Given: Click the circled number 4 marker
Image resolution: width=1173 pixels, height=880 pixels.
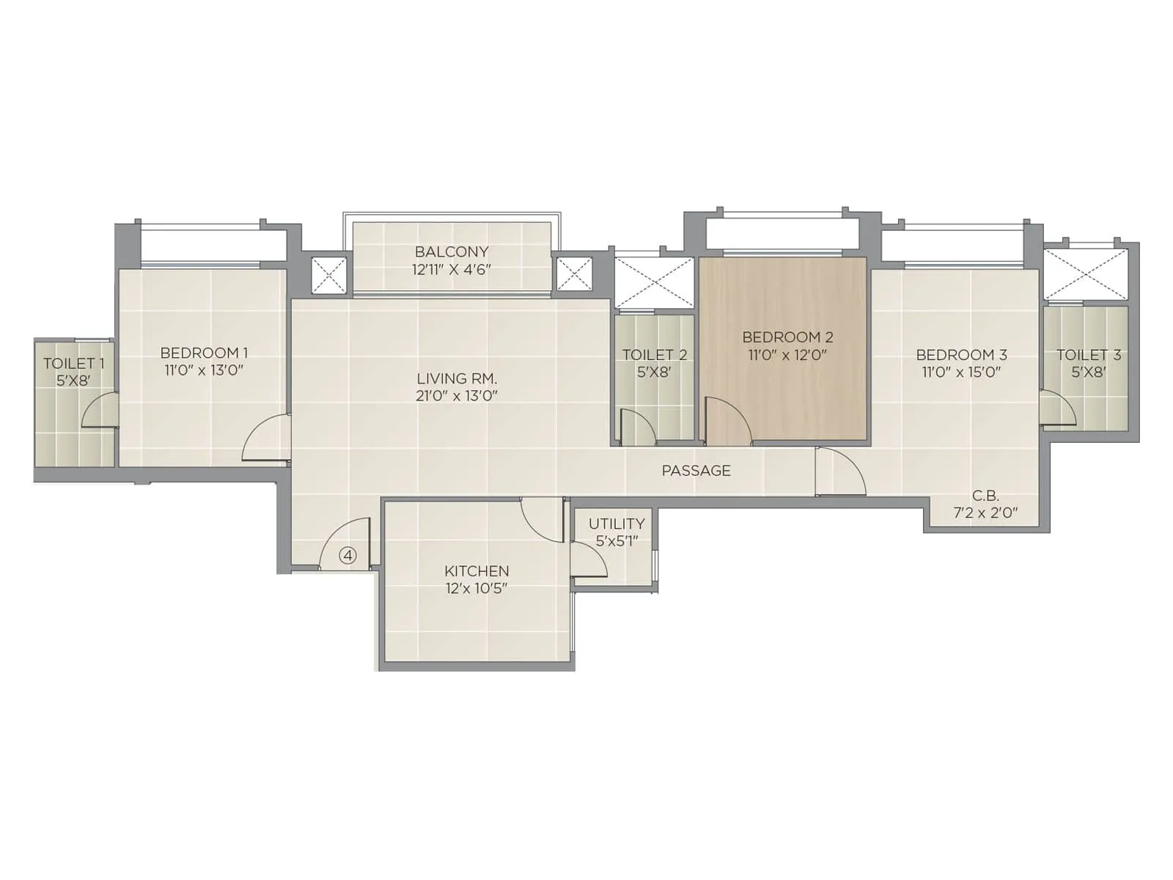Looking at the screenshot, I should [x=348, y=556].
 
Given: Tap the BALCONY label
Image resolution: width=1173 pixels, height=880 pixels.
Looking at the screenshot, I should [x=452, y=252].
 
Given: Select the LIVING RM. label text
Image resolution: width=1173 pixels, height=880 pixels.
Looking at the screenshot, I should [x=457, y=378].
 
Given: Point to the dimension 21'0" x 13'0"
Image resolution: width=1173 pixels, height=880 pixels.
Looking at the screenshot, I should [x=457, y=396].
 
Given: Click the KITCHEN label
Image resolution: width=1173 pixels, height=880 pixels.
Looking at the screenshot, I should [x=477, y=571].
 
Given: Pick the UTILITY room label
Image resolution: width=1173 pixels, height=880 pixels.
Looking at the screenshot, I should [x=617, y=524].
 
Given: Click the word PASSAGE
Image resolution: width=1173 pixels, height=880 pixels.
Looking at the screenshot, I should [x=696, y=471].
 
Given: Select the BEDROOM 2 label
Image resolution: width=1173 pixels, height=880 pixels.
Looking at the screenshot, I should [x=787, y=337].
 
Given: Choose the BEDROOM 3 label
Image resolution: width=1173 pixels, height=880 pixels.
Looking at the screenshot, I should [x=961, y=355].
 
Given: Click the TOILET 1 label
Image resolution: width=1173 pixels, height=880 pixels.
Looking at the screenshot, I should [x=73, y=363].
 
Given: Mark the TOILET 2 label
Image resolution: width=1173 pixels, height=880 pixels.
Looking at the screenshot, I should [x=654, y=355].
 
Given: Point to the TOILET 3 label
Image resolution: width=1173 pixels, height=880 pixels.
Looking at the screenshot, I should [x=1088, y=355].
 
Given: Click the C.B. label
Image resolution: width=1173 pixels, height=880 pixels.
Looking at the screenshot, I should [x=985, y=496].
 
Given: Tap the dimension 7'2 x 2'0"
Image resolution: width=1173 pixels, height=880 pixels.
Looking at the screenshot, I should [x=985, y=513].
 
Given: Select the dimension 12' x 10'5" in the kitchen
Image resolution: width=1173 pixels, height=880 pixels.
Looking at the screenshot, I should [x=477, y=588].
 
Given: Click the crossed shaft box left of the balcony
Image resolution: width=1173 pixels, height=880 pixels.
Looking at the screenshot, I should [x=328, y=276].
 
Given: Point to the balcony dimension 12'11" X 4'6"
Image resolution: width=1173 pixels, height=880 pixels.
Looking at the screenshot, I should [x=452, y=269].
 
